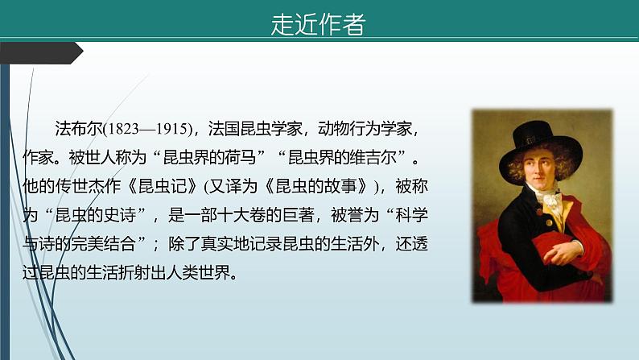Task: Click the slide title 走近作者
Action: tap(318, 25)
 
